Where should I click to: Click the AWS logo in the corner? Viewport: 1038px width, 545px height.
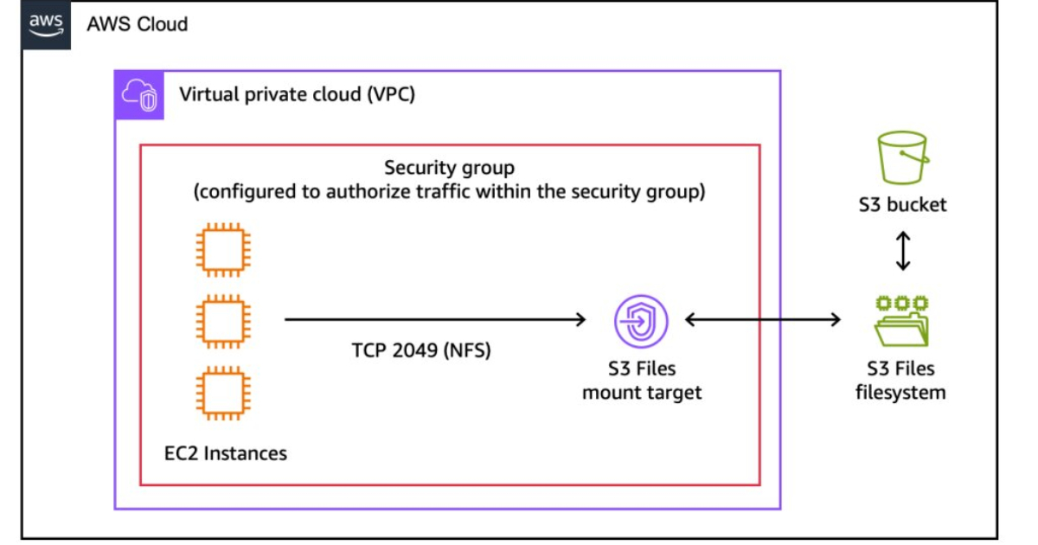(46, 24)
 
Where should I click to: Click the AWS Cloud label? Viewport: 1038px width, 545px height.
(137, 23)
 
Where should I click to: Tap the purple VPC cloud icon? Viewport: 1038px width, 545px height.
(138, 94)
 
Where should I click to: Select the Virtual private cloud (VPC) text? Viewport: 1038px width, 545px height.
(297, 93)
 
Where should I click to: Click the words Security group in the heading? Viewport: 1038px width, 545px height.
(449, 168)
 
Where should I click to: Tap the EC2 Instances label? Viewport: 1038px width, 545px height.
(226, 452)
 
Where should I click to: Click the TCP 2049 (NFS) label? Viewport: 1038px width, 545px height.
(420, 350)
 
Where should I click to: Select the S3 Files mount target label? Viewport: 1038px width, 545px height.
(641, 381)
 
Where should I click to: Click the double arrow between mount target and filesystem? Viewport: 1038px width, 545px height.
(762, 320)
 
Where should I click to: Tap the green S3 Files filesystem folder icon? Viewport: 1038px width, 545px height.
(900, 321)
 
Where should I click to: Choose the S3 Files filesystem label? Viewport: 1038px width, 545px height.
(900, 381)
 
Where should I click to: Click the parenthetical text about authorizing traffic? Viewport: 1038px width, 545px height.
(449, 191)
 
